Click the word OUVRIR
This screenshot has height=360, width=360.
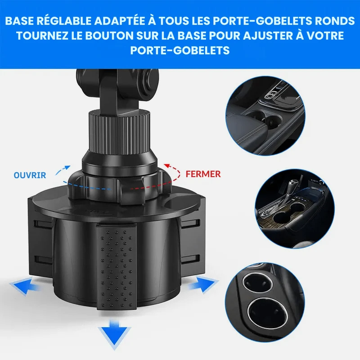[30, 175]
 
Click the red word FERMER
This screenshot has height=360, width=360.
[203, 174]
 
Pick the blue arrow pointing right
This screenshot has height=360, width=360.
[203, 284]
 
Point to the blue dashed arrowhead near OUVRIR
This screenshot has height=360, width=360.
[67, 167]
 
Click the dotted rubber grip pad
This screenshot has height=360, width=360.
[117, 267]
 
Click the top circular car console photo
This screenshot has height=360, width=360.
[265, 116]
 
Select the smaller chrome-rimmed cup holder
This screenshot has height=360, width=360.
[257, 284]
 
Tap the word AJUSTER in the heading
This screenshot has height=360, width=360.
[267, 36]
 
